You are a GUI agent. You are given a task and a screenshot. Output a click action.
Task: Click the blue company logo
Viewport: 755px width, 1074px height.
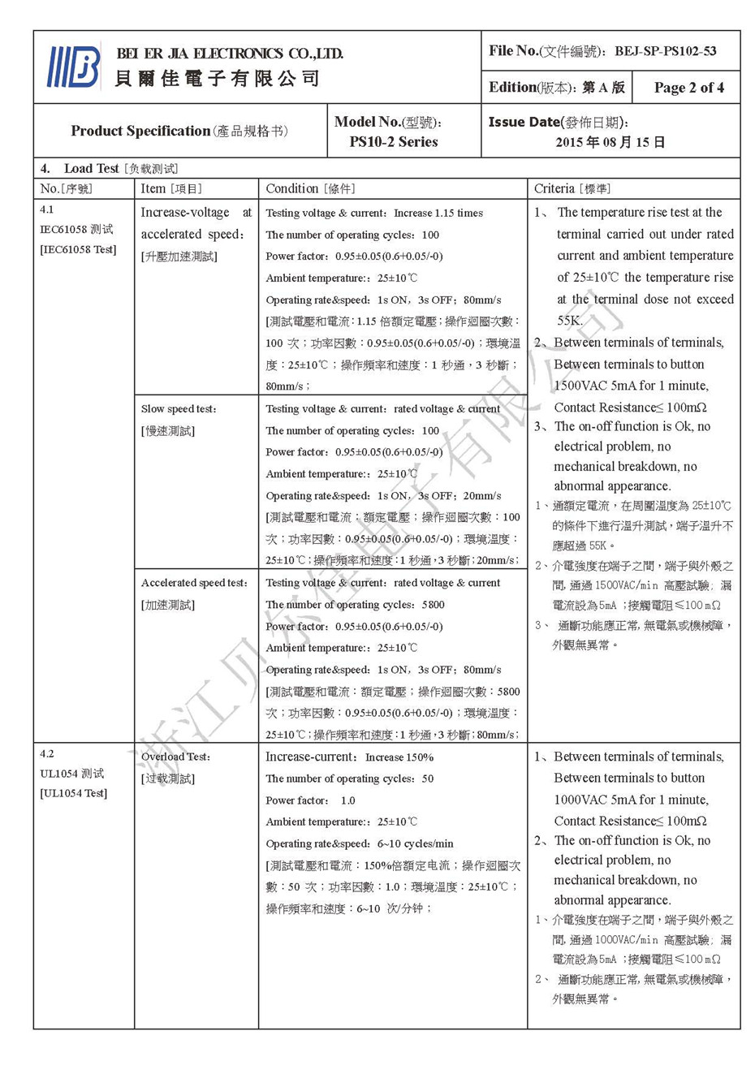pos(74,67)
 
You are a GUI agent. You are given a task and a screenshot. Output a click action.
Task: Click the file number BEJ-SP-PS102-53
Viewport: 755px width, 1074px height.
pos(665,51)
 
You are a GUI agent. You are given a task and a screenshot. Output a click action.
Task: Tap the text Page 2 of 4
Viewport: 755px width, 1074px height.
pos(688,88)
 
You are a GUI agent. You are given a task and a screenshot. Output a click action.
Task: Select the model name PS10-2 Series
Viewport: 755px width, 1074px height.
pos(394,142)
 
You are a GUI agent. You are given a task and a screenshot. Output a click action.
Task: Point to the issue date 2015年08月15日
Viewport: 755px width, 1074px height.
pos(610,142)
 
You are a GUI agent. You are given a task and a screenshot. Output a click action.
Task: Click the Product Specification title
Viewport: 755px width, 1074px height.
pos(140,131)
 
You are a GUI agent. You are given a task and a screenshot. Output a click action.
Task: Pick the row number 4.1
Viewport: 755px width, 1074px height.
pos(47,209)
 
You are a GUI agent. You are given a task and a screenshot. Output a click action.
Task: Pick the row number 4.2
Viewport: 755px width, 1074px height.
pos(47,753)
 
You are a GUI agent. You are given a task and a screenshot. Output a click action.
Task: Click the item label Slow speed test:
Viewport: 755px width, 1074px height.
pos(179,409)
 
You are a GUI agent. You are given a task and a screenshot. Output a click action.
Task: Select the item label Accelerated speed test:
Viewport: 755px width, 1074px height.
pos(194,583)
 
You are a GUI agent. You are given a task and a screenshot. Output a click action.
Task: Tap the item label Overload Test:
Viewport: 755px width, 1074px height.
pos(175,757)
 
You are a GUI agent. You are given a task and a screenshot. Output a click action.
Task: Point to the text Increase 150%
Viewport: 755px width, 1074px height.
pos(399,757)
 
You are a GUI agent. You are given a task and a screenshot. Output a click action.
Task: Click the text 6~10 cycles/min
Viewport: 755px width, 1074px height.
pos(415,843)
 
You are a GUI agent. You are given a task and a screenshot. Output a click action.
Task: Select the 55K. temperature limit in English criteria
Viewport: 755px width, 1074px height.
pos(569,321)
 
